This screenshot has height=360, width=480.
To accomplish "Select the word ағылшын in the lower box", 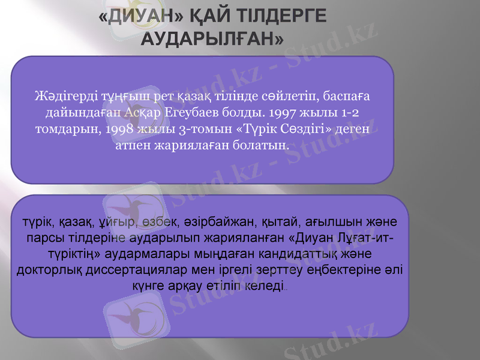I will (325, 223).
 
